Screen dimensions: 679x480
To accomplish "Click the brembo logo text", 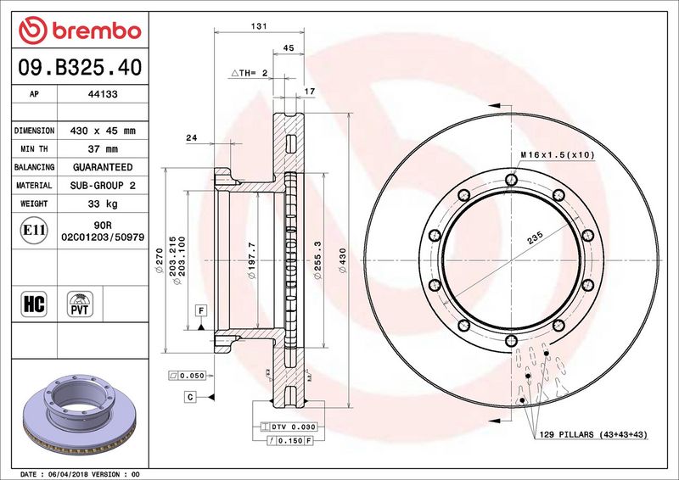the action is (97, 31).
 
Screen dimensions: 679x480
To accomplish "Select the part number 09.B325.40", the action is (80, 68).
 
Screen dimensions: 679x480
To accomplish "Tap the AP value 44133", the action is (103, 94).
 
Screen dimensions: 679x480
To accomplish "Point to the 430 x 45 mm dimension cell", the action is (103, 131).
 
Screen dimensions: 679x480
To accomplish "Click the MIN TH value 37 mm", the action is (103, 149).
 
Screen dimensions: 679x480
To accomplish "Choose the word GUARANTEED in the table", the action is (103, 167).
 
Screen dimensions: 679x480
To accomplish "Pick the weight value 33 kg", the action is (103, 204).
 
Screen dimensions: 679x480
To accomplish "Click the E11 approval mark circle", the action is (34, 231).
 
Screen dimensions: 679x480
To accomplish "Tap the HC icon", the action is (34, 304).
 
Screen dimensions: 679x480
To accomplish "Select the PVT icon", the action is (80, 304).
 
